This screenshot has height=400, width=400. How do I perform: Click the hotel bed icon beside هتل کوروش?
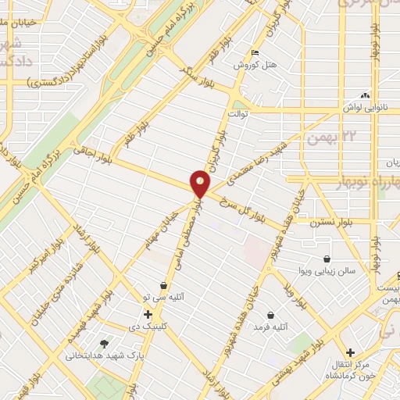coord(255,53)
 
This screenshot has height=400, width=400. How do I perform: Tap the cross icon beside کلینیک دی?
coord(148,313)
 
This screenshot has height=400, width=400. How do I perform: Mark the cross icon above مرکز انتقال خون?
coord(350,352)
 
